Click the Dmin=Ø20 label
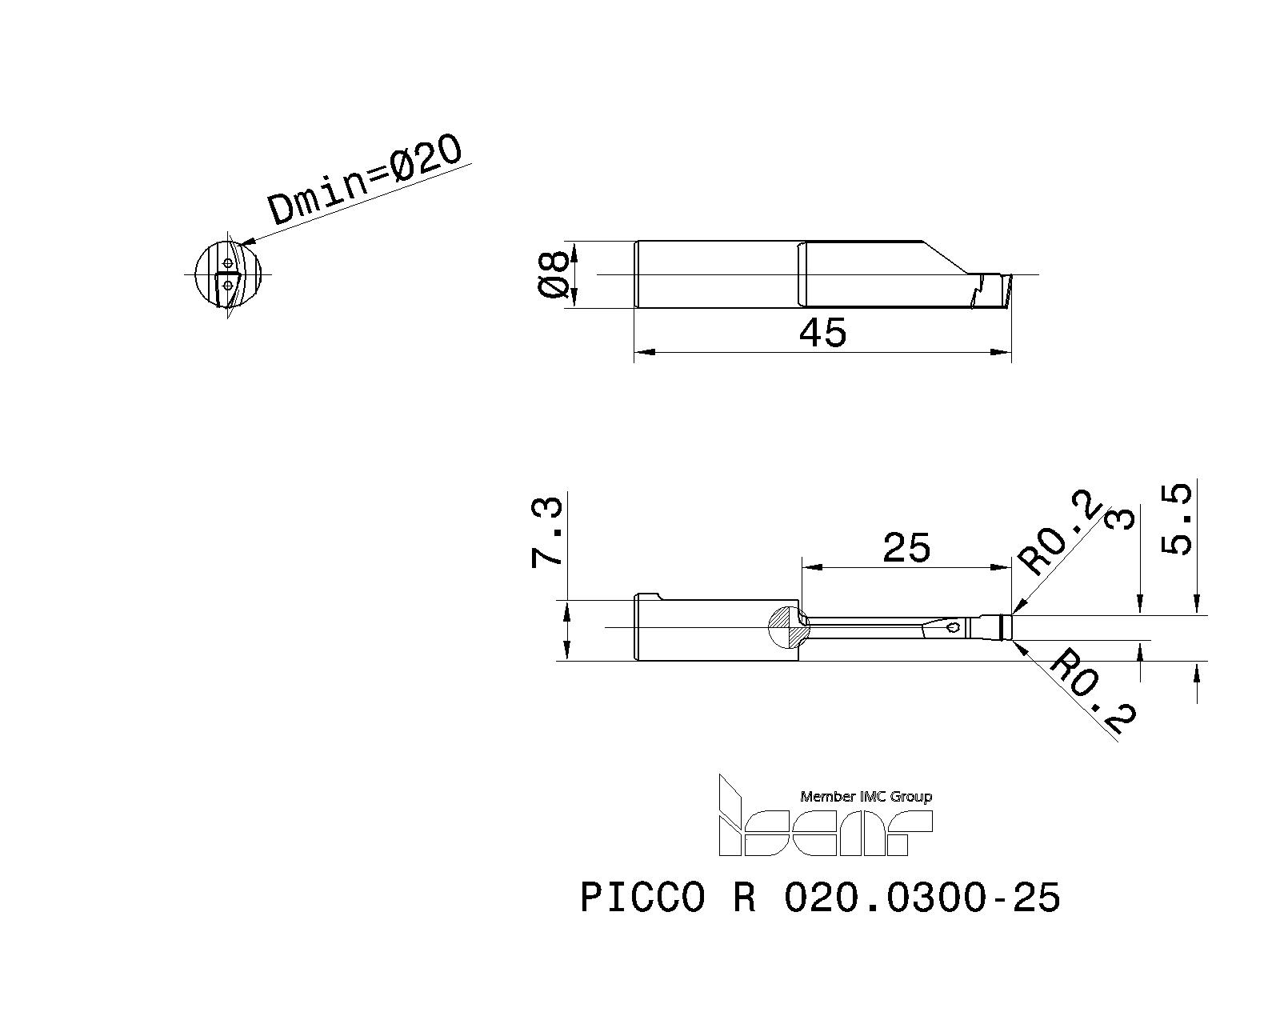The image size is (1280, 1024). pos(366,180)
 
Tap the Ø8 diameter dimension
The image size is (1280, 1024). pos(554,274)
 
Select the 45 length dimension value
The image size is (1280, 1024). pos(822,332)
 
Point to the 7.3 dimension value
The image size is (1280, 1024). pos(548,533)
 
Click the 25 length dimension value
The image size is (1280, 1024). pos(906,548)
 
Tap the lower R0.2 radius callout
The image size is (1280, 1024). pos(1093,693)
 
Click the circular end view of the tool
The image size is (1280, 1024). pos(228,274)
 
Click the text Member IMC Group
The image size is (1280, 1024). pos(866,797)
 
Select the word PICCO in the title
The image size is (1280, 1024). pos(642,898)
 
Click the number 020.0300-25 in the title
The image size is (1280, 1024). pos(922,898)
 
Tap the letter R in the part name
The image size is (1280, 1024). pos(743,898)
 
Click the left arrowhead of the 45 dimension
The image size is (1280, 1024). pos(644,352)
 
